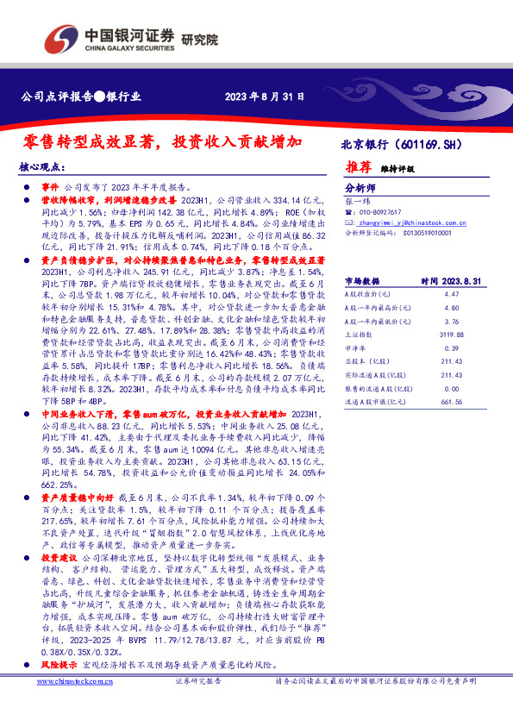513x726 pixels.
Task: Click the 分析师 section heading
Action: (x=360, y=186)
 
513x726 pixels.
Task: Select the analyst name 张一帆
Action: (x=356, y=199)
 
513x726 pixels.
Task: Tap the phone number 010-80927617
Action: (x=381, y=211)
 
